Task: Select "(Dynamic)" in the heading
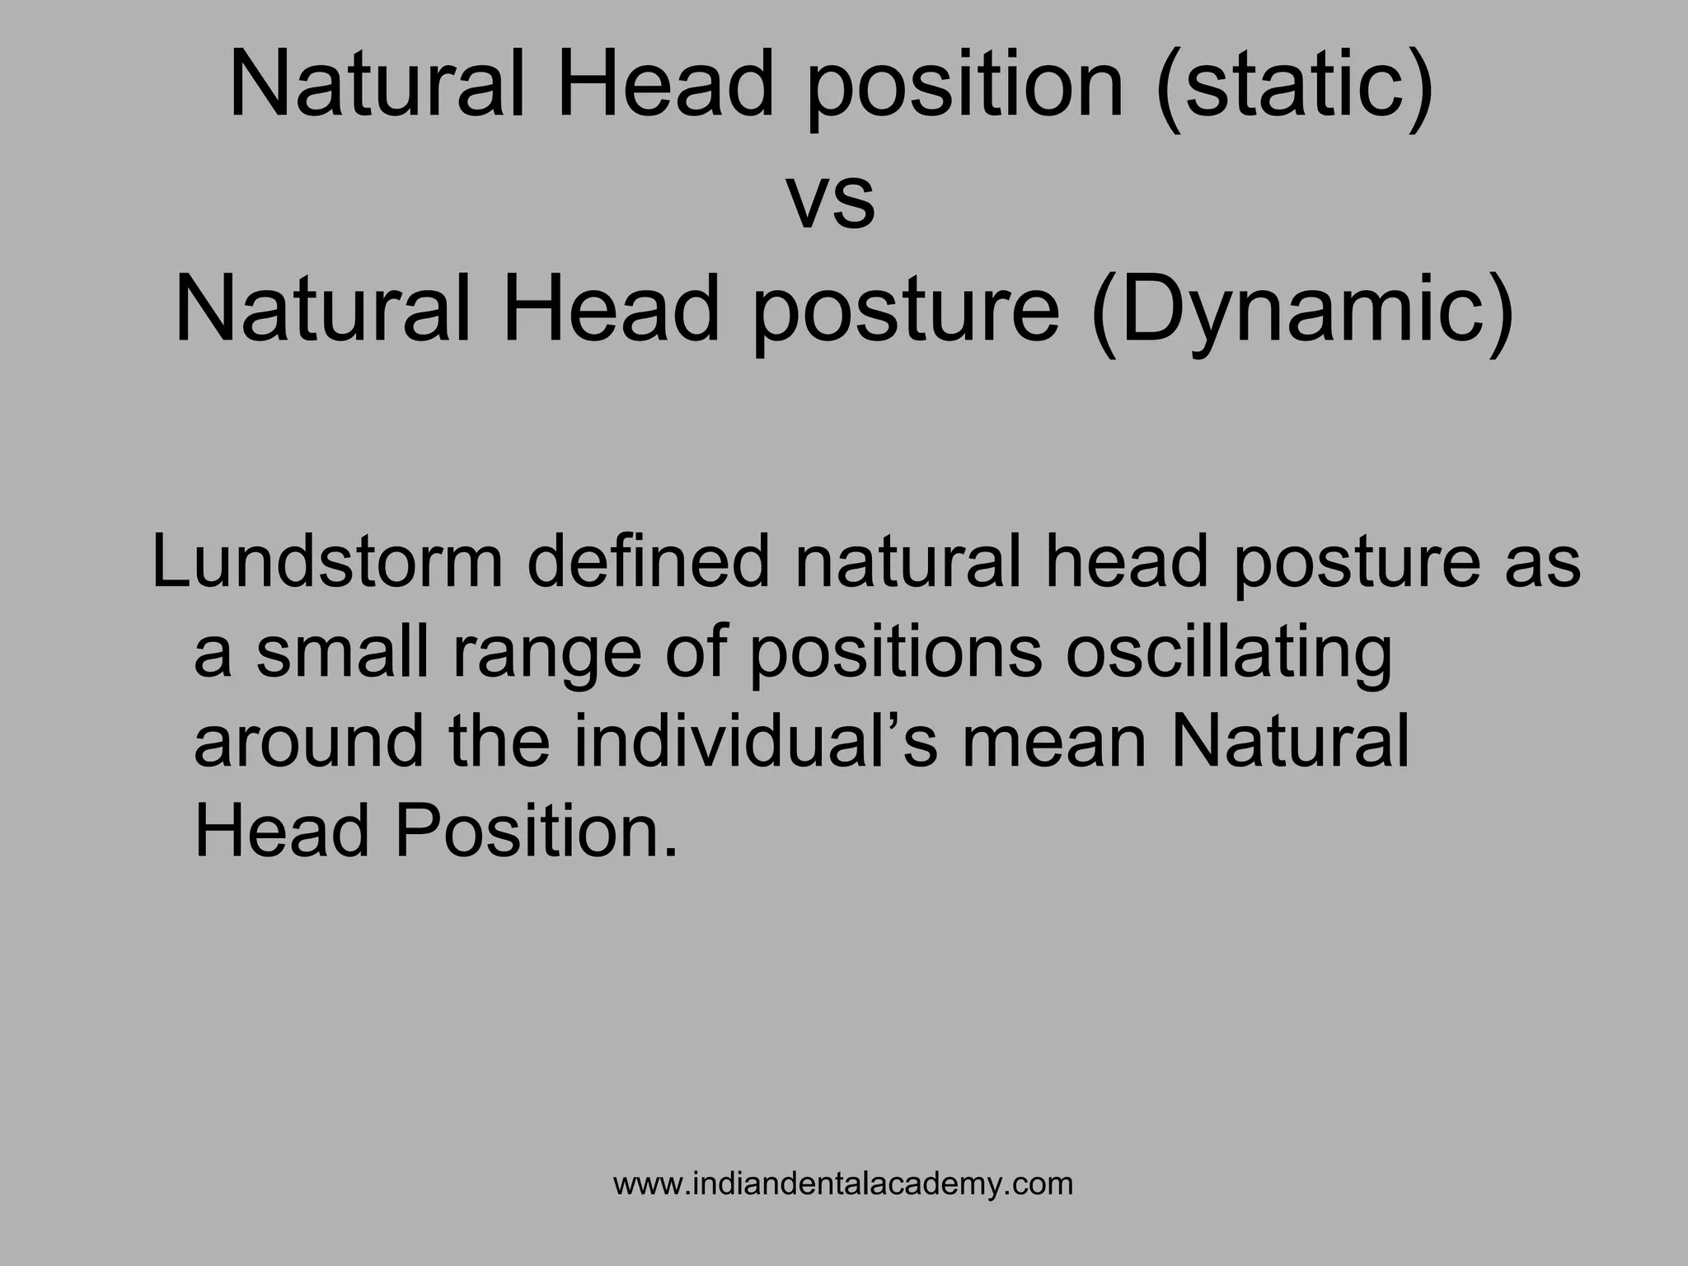pyautogui.click(x=1303, y=312)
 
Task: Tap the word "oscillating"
pyautogui.click(x=1229, y=653)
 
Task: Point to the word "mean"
pyautogui.click(x=1054, y=742)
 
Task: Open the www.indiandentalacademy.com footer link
pyautogui.click(x=843, y=1184)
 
